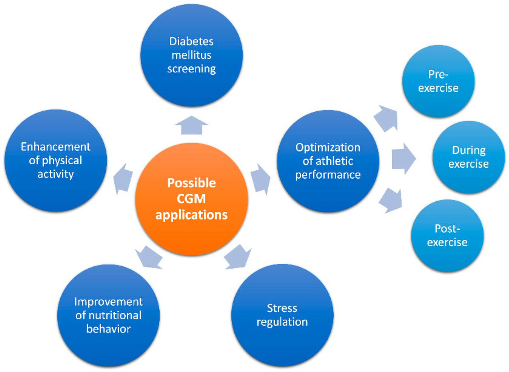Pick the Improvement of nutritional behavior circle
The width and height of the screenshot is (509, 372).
108,315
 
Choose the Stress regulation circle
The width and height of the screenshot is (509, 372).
281,314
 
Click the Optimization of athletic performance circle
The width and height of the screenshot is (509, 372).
328,161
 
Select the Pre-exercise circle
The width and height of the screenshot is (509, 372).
437,82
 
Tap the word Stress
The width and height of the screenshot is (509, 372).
282,307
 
